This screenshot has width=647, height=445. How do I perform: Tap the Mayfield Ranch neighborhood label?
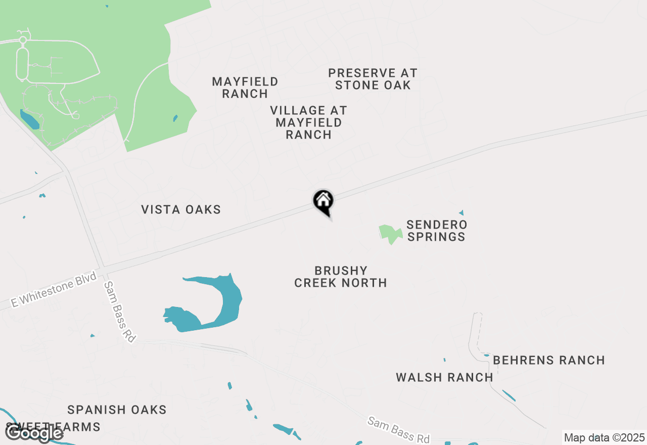click(x=245, y=87)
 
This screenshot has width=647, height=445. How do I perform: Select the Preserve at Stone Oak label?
click(x=373, y=79)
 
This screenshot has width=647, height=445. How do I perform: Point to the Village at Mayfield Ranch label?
click(x=308, y=122)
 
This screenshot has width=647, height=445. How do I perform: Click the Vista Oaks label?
click(x=181, y=209)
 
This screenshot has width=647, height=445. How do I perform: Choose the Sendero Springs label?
click(x=437, y=230)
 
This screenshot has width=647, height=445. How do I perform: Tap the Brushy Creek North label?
click(x=341, y=277)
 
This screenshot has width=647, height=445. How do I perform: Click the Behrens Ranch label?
click(x=549, y=360)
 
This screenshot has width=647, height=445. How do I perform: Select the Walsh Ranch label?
click(x=444, y=377)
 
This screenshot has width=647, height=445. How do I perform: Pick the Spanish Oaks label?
click(x=117, y=410)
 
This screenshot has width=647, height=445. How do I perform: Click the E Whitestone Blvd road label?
click(x=54, y=290)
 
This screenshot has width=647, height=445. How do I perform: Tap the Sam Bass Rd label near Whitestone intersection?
click(x=120, y=312)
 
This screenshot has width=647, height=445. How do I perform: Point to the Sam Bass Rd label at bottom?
click(x=399, y=429)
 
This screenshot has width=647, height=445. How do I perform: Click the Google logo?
click(x=34, y=433)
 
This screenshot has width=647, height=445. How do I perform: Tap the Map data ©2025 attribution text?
click(x=604, y=437)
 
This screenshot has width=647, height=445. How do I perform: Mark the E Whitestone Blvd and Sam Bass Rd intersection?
click(x=102, y=268)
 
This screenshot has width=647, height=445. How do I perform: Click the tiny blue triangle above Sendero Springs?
click(x=461, y=213)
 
